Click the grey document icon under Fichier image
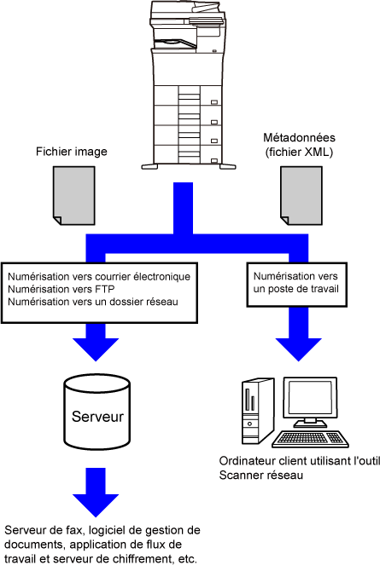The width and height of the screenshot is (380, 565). point(74,196)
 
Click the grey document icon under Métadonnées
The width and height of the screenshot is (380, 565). point(301,196)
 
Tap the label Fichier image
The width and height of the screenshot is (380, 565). point(72,152)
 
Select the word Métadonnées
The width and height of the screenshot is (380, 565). point(299,137)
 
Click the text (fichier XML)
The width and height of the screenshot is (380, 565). point(299,152)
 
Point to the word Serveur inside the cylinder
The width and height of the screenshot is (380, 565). point(97,417)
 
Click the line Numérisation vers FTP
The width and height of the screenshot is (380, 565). point(61,289)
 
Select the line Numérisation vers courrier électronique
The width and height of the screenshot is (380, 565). point(99,277)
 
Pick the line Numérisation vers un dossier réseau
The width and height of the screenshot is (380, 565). point(93,302)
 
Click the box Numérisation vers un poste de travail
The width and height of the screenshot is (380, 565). point(296,285)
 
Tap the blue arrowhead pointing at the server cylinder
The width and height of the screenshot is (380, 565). point(96,349)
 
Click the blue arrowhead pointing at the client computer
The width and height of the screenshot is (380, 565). point(298,349)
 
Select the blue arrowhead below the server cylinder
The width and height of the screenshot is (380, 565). point(96,505)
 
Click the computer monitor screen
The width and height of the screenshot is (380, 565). point(310,397)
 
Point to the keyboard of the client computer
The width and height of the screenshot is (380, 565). point(310,439)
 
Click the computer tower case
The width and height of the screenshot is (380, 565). point(257,411)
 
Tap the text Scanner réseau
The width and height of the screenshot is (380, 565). point(260,475)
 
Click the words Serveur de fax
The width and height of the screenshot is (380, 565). point(44,530)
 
